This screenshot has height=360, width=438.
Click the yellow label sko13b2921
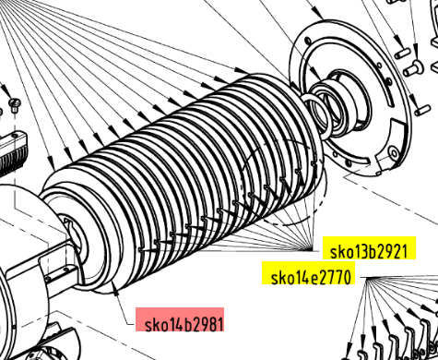pos(369,248)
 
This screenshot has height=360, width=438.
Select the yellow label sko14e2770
pos(308,273)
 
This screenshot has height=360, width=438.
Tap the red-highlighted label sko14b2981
pos(180,319)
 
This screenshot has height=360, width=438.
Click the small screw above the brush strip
pos(14,103)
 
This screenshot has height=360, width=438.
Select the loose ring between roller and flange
pos(316,114)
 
